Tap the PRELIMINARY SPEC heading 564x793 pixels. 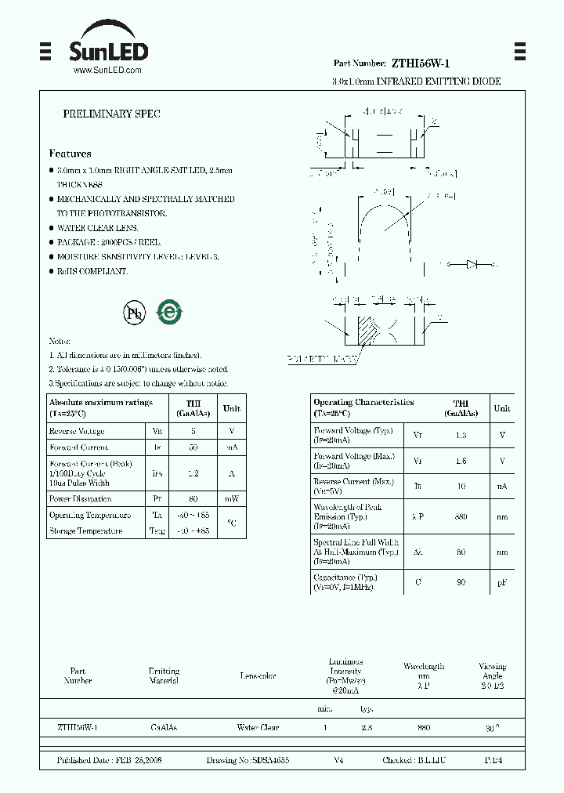pyautogui.click(x=111, y=114)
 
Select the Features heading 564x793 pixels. pyautogui.click(x=70, y=154)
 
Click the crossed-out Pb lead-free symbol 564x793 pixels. pyautogui.click(x=135, y=313)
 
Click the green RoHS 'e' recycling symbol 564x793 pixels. pyautogui.click(x=169, y=312)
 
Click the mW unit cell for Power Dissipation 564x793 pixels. pyautogui.click(x=232, y=498)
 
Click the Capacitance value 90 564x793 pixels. pyautogui.click(x=461, y=581)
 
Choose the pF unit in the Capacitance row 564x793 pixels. pyautogui.click(x=502, y=581)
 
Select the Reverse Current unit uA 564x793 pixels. pyautogui.click(x=502, y=486)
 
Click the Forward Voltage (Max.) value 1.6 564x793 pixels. pyautogui.click(x=461, y=461)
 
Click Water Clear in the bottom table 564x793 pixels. pyautogui.click(x=258, y=728)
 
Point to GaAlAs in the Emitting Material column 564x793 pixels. pyautogui.click(x=164, y=728)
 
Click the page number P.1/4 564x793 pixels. pyautogui.click(x=493, y=760)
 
